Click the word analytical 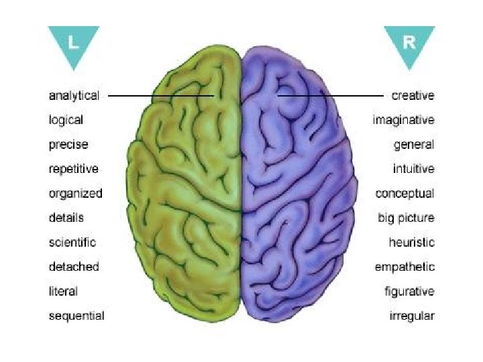(x=74, y=96)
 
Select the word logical (x=66, y=121)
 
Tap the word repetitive (x=73, y=169)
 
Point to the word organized (x=75, y=194)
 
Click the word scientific (x=72, y=242)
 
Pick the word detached (x=73, y=267)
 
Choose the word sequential (x=76, y=316)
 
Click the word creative (x=413, y=96)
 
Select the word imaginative (x=403, y=121)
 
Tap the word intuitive (x=413, y=169)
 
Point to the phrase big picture (x=406, y=218)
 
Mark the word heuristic (x=411, y=242)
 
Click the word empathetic (x=405, y=267)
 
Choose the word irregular (x=412, y=316)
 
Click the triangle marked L (x=74, y=44)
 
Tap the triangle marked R (x=409, y=44)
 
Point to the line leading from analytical (x=161, y=96)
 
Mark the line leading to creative (x=332, y=96)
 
